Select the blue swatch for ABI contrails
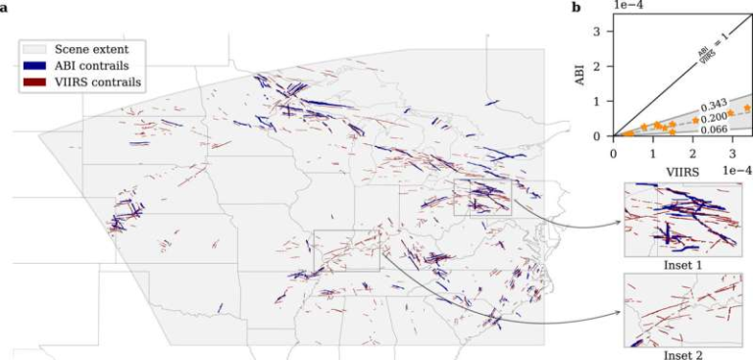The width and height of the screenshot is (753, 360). [34, 65]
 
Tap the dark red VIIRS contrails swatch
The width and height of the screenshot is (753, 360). [34, 81]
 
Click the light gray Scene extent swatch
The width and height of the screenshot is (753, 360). [34, 48]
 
